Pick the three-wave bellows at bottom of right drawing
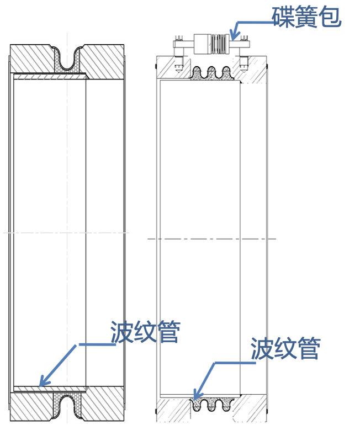coord(211,404)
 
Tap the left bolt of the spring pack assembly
coord(179,49)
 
